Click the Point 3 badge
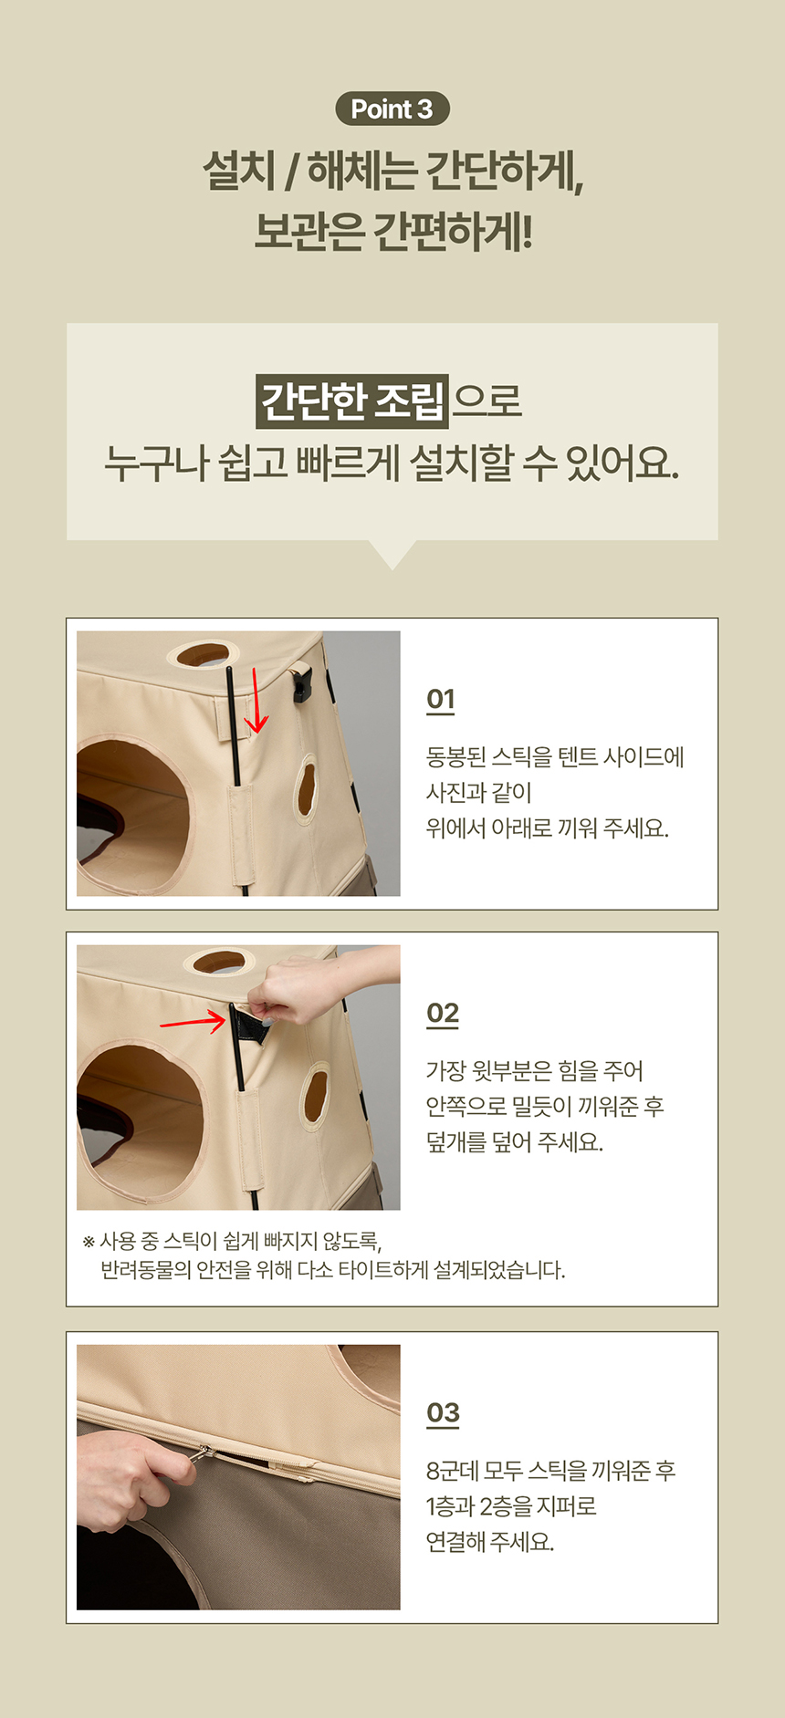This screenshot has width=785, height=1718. (x=392, y=109)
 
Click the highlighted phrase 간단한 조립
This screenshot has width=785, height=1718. (x=352, y=401)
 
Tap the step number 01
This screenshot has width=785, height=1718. (x=440, y=699)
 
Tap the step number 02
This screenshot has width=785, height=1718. (x=443, y=1013)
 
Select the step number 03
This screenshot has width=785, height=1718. (x=443, y=1412)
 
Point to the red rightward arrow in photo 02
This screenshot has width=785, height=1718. (x=194, y=1021)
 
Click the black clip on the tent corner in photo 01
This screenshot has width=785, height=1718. (x=301, y=683)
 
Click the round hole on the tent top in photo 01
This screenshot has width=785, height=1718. (x=203, y=653)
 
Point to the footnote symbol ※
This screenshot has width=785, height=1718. (x=89, y=1242)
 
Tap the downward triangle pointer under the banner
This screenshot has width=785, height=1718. (x=392, y=553)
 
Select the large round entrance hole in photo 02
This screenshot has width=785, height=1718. (x=141, y=1120)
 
